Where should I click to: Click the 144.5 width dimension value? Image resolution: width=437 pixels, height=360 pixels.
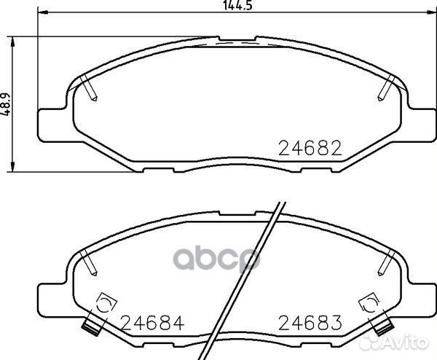237,5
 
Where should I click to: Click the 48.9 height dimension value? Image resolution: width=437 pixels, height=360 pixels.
6,104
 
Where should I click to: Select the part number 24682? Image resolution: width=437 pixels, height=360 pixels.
310,148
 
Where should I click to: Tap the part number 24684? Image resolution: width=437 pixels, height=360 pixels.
153,322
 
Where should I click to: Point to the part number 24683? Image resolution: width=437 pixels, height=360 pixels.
310,322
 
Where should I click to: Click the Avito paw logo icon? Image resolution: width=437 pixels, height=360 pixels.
367,341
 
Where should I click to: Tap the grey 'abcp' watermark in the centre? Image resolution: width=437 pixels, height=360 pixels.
217,259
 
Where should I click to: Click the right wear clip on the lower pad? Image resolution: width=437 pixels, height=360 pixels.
381,322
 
